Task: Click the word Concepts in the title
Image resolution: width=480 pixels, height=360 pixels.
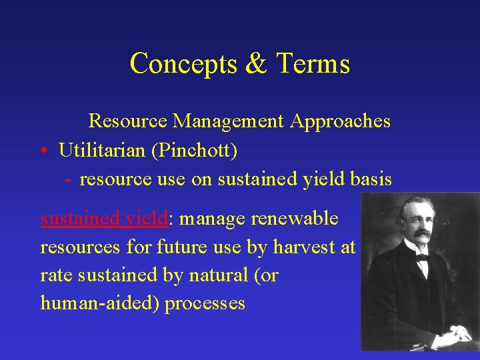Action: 175,64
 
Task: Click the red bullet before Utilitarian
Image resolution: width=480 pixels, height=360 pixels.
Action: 43,151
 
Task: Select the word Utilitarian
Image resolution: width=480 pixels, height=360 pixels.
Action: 103,151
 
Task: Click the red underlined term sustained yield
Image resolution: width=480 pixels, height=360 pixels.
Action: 103,219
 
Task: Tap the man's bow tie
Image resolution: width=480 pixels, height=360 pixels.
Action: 422,257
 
